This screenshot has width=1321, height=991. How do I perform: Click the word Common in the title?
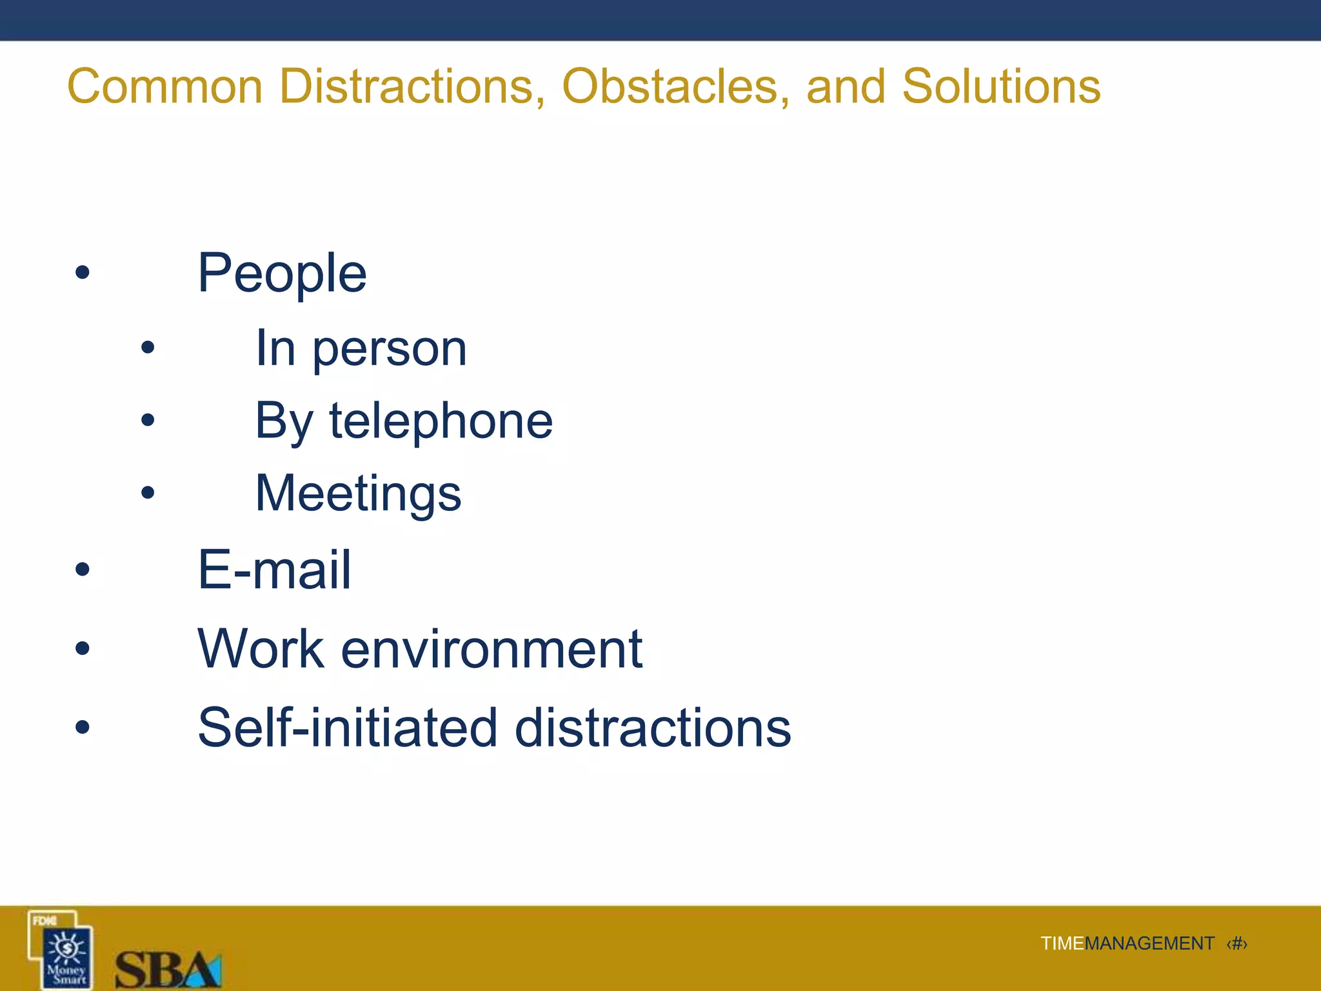tap(165, 86)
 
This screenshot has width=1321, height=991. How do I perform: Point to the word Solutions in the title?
tap(1001, 86)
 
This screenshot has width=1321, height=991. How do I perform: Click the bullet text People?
tap(282, 274)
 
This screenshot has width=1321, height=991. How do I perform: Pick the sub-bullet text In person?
tap(361, 349)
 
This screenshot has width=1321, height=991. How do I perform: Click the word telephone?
tap(441, 421)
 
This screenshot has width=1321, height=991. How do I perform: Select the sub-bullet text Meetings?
tap(358, 494)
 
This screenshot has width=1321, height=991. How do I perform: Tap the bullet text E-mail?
tap(274, 570)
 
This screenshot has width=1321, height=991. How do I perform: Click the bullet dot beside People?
tap(82, 272)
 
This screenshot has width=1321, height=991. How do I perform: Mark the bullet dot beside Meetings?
tap(148, 494)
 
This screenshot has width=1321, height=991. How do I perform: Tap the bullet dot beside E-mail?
tap(82, 569)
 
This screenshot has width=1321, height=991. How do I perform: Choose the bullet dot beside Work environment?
tap(82, 648)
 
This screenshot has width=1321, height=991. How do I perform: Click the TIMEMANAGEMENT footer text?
tap(1127, 944)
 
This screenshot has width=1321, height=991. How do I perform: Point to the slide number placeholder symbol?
tap(1237, 944)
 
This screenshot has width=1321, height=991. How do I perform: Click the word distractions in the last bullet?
tap(653, 728)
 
